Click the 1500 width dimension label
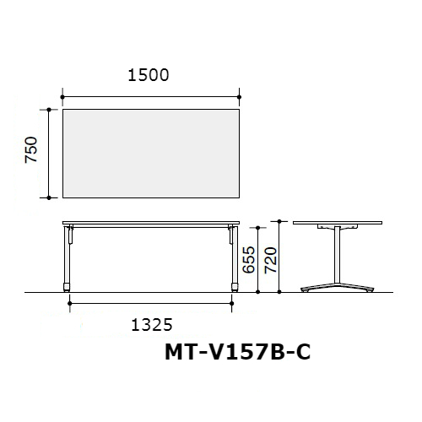point(149,75)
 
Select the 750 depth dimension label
point(31,149)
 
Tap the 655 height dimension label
point(248,260)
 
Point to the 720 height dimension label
point(270,260)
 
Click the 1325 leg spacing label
point(152,325)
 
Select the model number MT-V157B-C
point(238,352)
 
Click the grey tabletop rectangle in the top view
point(151,154)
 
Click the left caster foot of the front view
point(67,287)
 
